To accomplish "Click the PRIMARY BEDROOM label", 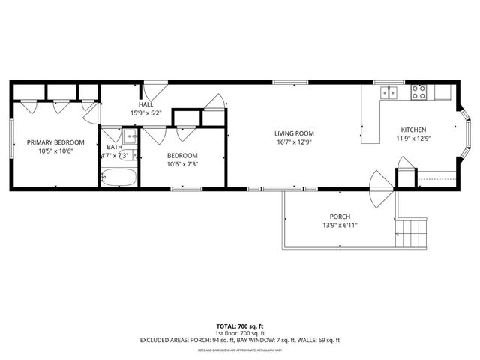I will (x=55, y=142).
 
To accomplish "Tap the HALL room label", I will (x=145, y=105).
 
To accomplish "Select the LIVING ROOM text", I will (x=293, y=132).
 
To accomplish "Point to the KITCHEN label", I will (x=413, y=129).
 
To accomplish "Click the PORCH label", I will (x=338, y=215).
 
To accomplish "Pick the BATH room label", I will (x=114, y=147).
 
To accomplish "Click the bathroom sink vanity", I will (x=129, y=136).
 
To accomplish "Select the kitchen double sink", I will (x=388, y=93).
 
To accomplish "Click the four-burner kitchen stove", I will (x=418, y=93).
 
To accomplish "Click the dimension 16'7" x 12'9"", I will (x=293, y=141).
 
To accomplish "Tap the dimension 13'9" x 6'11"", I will (x=338, y=224).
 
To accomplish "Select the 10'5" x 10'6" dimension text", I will (x=55, y=151).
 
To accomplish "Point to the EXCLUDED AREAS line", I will (x=239, y=340).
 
